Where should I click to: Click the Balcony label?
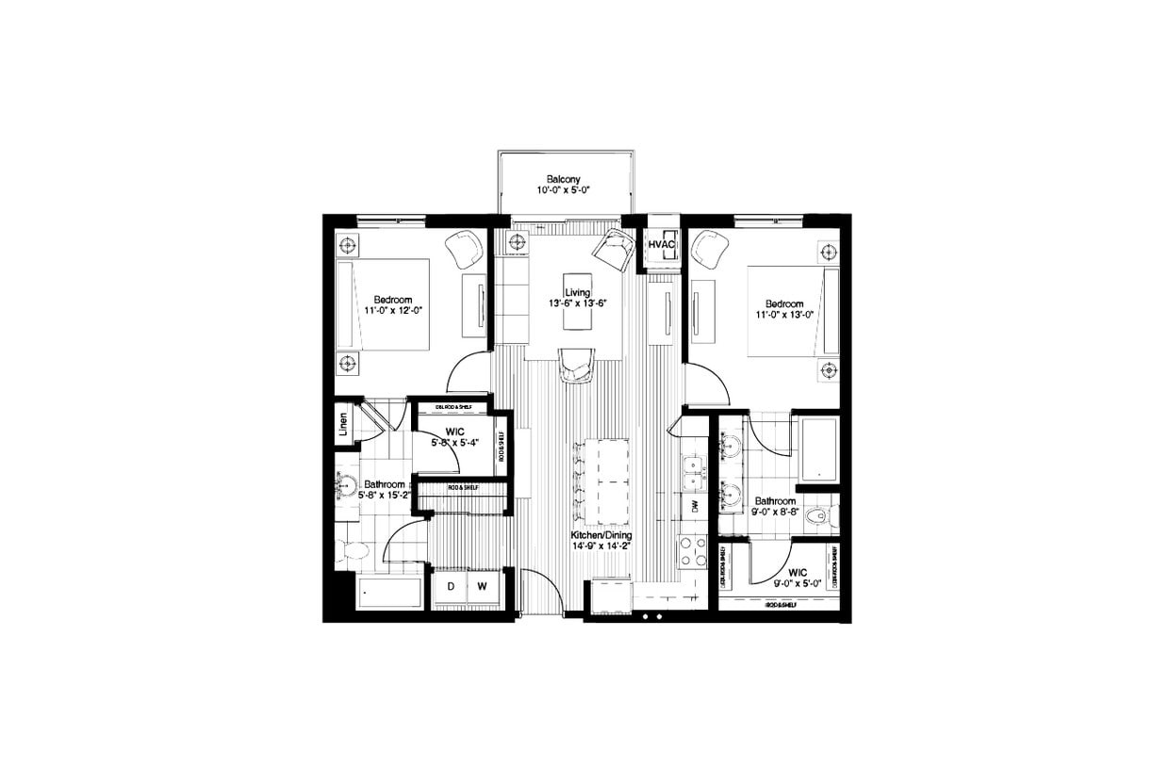564,178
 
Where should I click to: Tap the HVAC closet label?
661,245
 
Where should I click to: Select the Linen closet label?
343,427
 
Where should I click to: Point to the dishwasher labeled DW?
694,507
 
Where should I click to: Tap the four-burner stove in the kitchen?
694,550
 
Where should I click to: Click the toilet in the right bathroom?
820,516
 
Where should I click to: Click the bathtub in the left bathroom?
389,594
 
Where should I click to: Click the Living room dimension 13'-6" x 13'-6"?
576,303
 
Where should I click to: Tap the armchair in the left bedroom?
465,249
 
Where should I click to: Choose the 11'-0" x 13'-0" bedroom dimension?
783,317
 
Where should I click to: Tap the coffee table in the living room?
576,316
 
